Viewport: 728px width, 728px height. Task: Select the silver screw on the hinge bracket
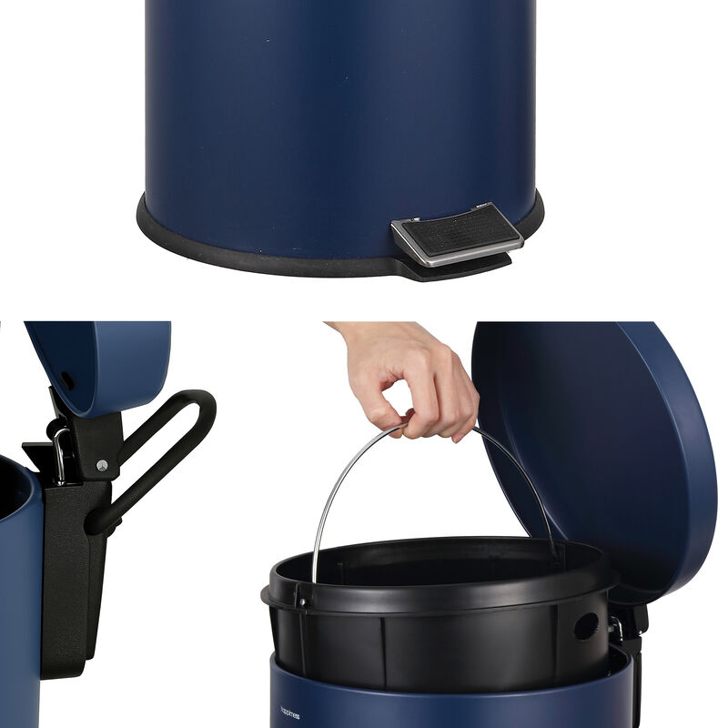click(x=101, y=466)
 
